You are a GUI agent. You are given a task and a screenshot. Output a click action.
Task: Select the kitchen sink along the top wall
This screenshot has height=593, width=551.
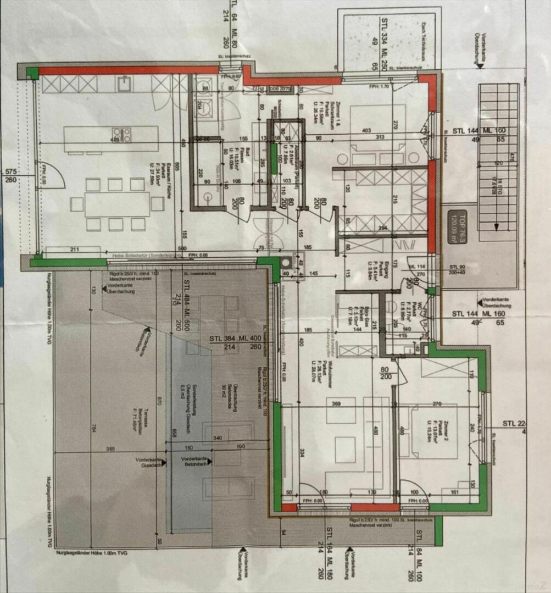122,84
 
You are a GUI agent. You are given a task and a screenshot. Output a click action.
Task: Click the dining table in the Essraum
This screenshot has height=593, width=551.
117,204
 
